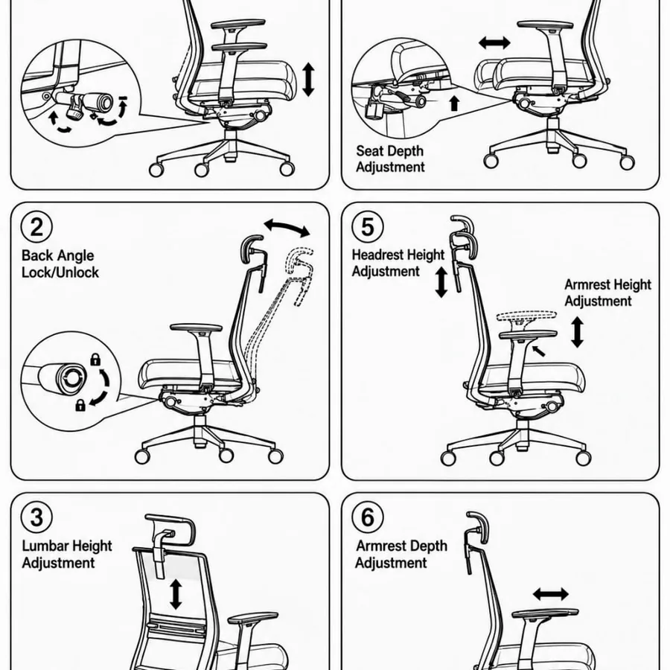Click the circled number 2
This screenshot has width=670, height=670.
(36, 226)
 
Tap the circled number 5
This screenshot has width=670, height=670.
(368, 226)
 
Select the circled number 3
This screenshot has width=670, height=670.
(36, 517)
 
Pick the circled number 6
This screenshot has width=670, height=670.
(368, 517)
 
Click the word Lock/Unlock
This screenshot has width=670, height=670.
(60, 272)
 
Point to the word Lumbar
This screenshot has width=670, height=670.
(45, 546)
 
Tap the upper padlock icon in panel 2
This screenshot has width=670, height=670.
(95, 360)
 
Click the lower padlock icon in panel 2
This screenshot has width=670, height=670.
(80, 405)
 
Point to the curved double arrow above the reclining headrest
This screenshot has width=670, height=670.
(287, 227)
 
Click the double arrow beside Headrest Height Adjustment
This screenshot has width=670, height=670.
(441, 282)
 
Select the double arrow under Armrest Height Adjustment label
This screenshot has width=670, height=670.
(577, 331)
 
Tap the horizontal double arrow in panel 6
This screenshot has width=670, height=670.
(551, 594)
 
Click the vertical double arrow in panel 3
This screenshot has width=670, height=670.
(176, 594)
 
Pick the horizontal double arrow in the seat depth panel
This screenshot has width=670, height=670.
(494, 42)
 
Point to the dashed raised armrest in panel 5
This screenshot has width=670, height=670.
(526, 316)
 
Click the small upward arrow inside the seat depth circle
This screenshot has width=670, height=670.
(455, 103)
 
